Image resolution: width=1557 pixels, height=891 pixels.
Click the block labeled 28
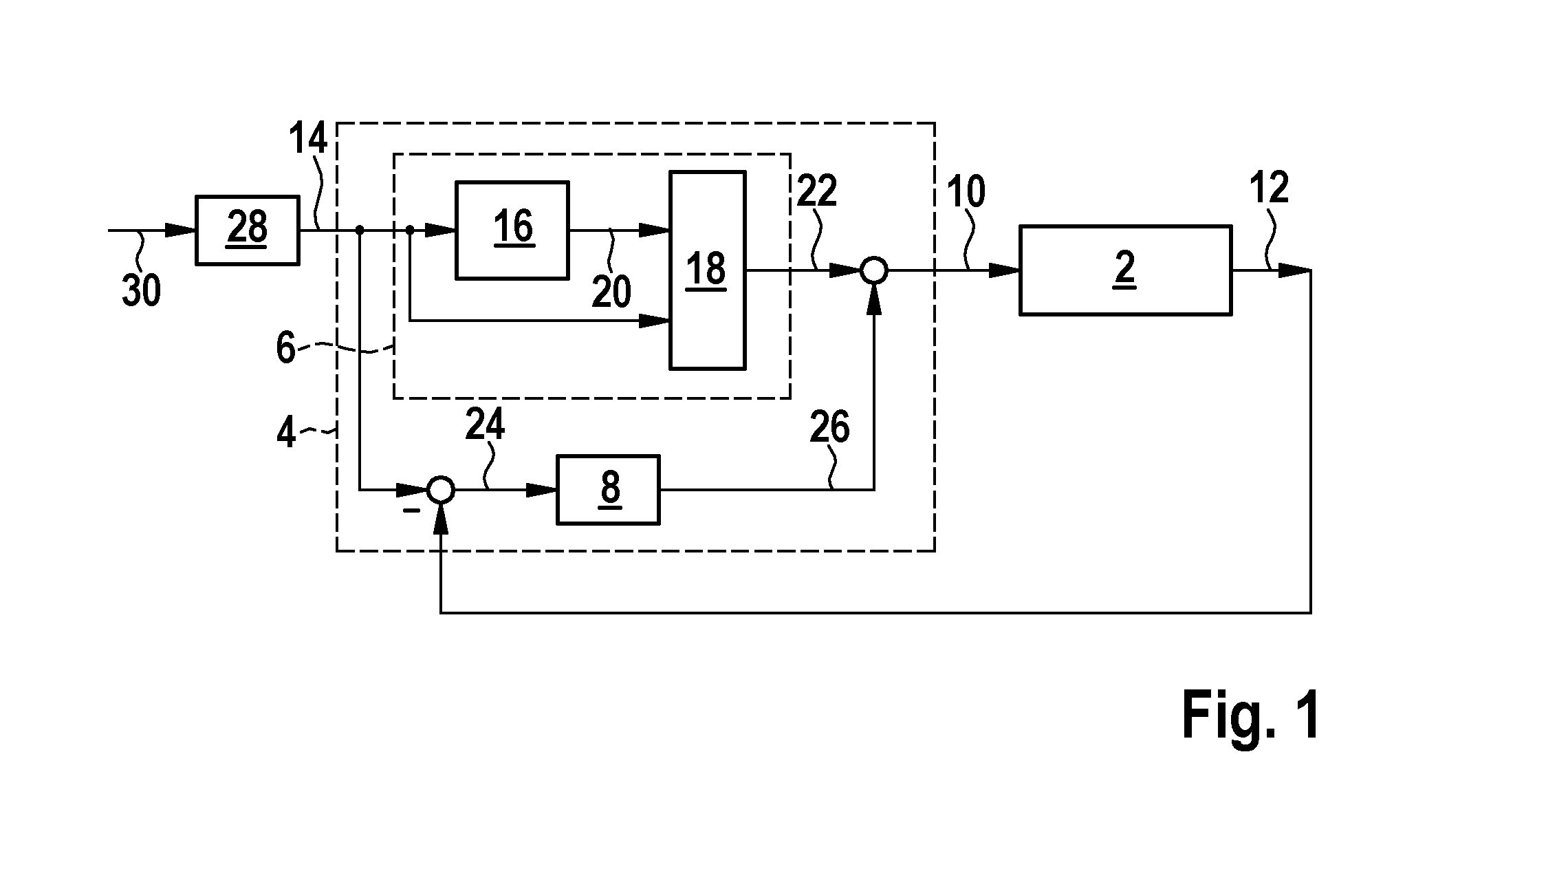(248, 230)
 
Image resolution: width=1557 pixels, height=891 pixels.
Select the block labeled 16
(512, 230)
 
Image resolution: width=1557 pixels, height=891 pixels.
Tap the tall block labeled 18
(708, 270)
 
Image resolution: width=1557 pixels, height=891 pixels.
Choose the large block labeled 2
(1125, 270)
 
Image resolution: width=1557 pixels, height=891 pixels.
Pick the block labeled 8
(608, 489)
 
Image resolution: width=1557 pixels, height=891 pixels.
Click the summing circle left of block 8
(440, 490)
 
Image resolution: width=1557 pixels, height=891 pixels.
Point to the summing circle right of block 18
(874, 270)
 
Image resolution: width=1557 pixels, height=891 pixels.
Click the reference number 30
(142, 290)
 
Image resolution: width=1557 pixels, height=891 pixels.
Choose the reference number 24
(485, 425)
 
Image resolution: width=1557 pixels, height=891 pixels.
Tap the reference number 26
(829, 427)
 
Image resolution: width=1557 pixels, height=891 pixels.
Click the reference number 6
(285, 348)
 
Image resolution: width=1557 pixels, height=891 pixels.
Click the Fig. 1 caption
(1251, 716)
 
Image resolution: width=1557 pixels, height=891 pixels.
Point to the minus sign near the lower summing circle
(411, 511)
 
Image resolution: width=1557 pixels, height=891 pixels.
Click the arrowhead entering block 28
(181, 230)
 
